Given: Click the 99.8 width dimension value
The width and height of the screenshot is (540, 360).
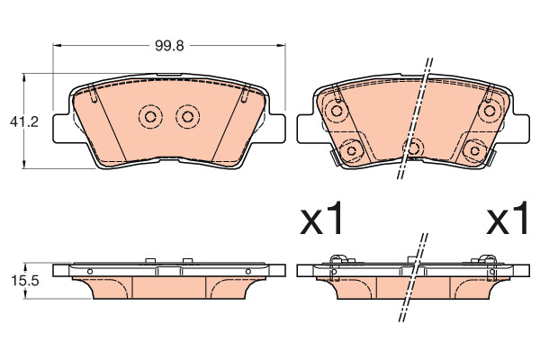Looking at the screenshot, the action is pyautogui.click(x=169, y=46).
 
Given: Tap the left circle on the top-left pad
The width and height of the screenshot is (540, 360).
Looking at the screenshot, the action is pyautogui.click(x=150, y=117).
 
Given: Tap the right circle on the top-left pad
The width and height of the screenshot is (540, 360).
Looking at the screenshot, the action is pyautogui.click(x=188, y=117).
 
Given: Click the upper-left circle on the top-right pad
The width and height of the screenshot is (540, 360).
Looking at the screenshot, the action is pyautogui.click(x=337, y=111).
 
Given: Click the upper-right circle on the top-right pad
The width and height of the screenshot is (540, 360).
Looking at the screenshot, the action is pyautogui.click(x=489, y=111).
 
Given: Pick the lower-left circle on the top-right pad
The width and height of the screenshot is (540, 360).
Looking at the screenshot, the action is pyautogui.click(x=352, y=150).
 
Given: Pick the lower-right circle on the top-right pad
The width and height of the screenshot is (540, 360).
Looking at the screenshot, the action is pyautogui.click(x=474, y=150).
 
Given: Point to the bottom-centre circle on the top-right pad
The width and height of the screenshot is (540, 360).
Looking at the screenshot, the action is pyautogui.click(x=413, y=148).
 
